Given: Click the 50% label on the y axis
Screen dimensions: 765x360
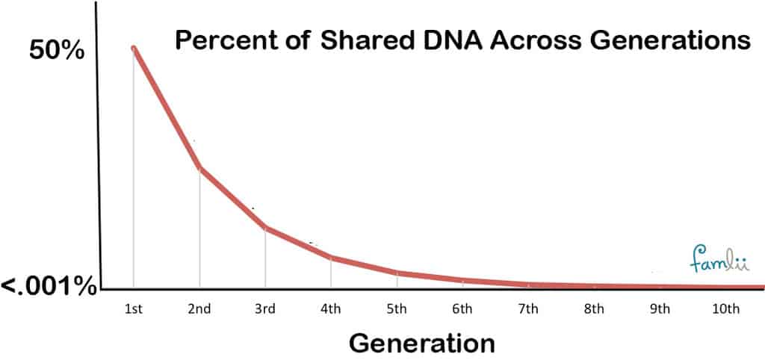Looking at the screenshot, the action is [x=57, y=50].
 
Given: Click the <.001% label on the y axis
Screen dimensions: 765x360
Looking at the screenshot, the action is [x=49, y=287].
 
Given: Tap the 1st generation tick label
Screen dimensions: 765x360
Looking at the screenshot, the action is [x=133, y=308].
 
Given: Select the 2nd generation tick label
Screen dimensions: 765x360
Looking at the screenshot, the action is [x=199, y=308].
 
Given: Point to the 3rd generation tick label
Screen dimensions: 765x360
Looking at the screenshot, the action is [x=265, y=308].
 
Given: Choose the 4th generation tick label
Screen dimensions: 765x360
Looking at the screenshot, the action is [x=331, y=308].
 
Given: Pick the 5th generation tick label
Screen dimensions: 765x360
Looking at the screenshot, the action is [x=397, y=308].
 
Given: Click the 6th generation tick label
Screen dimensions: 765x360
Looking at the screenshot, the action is [x=462, y=308].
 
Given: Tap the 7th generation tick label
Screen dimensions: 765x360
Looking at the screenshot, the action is [x=528, y=308].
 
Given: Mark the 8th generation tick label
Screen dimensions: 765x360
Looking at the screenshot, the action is [x=594, y=308].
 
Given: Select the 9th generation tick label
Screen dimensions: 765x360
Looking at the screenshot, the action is [x=660, y=308].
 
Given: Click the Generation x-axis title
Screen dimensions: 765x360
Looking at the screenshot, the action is [x=422, y=343].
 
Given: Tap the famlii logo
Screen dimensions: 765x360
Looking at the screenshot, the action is [x=719, y=259].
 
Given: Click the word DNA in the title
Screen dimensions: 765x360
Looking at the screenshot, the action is [x=453, y=40].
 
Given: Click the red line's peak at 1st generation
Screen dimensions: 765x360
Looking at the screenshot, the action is [x=133, y=48].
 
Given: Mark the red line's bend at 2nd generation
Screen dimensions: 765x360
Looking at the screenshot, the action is [x=199, y=168].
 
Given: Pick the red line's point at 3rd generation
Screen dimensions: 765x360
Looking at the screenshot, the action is [x=265, y=228].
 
